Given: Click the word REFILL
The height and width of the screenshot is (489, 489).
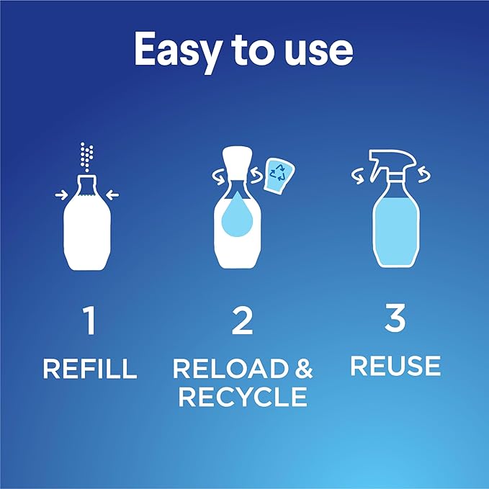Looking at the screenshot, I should pyautogui.click(x=89, y=368).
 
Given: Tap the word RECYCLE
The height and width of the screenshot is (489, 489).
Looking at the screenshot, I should pyautogui.click(x=243, y=396).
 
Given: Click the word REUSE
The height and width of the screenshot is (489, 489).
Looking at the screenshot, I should pyautogui.click(x=395, y=365).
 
